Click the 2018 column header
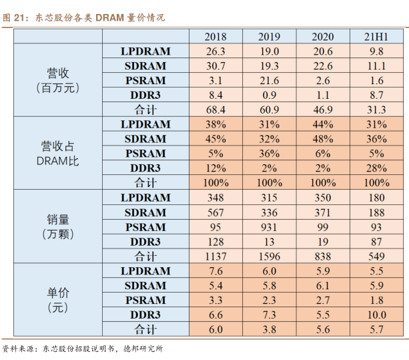point(215,37)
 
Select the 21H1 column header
point(376,37)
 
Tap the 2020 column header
point(322,37)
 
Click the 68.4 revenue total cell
point(215,110)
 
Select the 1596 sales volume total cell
point(269,256)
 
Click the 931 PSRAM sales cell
point(269,227)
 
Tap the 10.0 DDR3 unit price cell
point(376,315)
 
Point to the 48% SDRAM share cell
point(322,139)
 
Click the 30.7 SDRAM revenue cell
point(215,65)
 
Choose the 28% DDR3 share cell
point(376,168)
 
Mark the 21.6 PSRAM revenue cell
point(269,80)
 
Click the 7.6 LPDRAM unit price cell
point(215,271)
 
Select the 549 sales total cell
point(376,256)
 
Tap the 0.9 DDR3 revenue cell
point(269,95)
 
